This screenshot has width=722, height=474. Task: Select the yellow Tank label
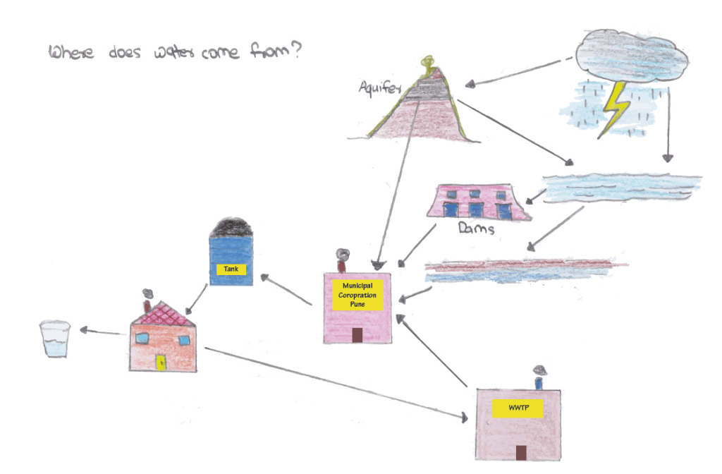pyautogui.click(x=231, y=269)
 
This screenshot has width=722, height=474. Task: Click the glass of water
pyautogui.click(x=55, y=339)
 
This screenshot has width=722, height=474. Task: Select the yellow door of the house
pyautogui.click(x=161, y=362)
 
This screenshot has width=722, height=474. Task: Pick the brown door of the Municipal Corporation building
pyautogui.click(x=357, y=334)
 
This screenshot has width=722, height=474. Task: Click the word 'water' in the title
pyautogui.click(x=166, y=55)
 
